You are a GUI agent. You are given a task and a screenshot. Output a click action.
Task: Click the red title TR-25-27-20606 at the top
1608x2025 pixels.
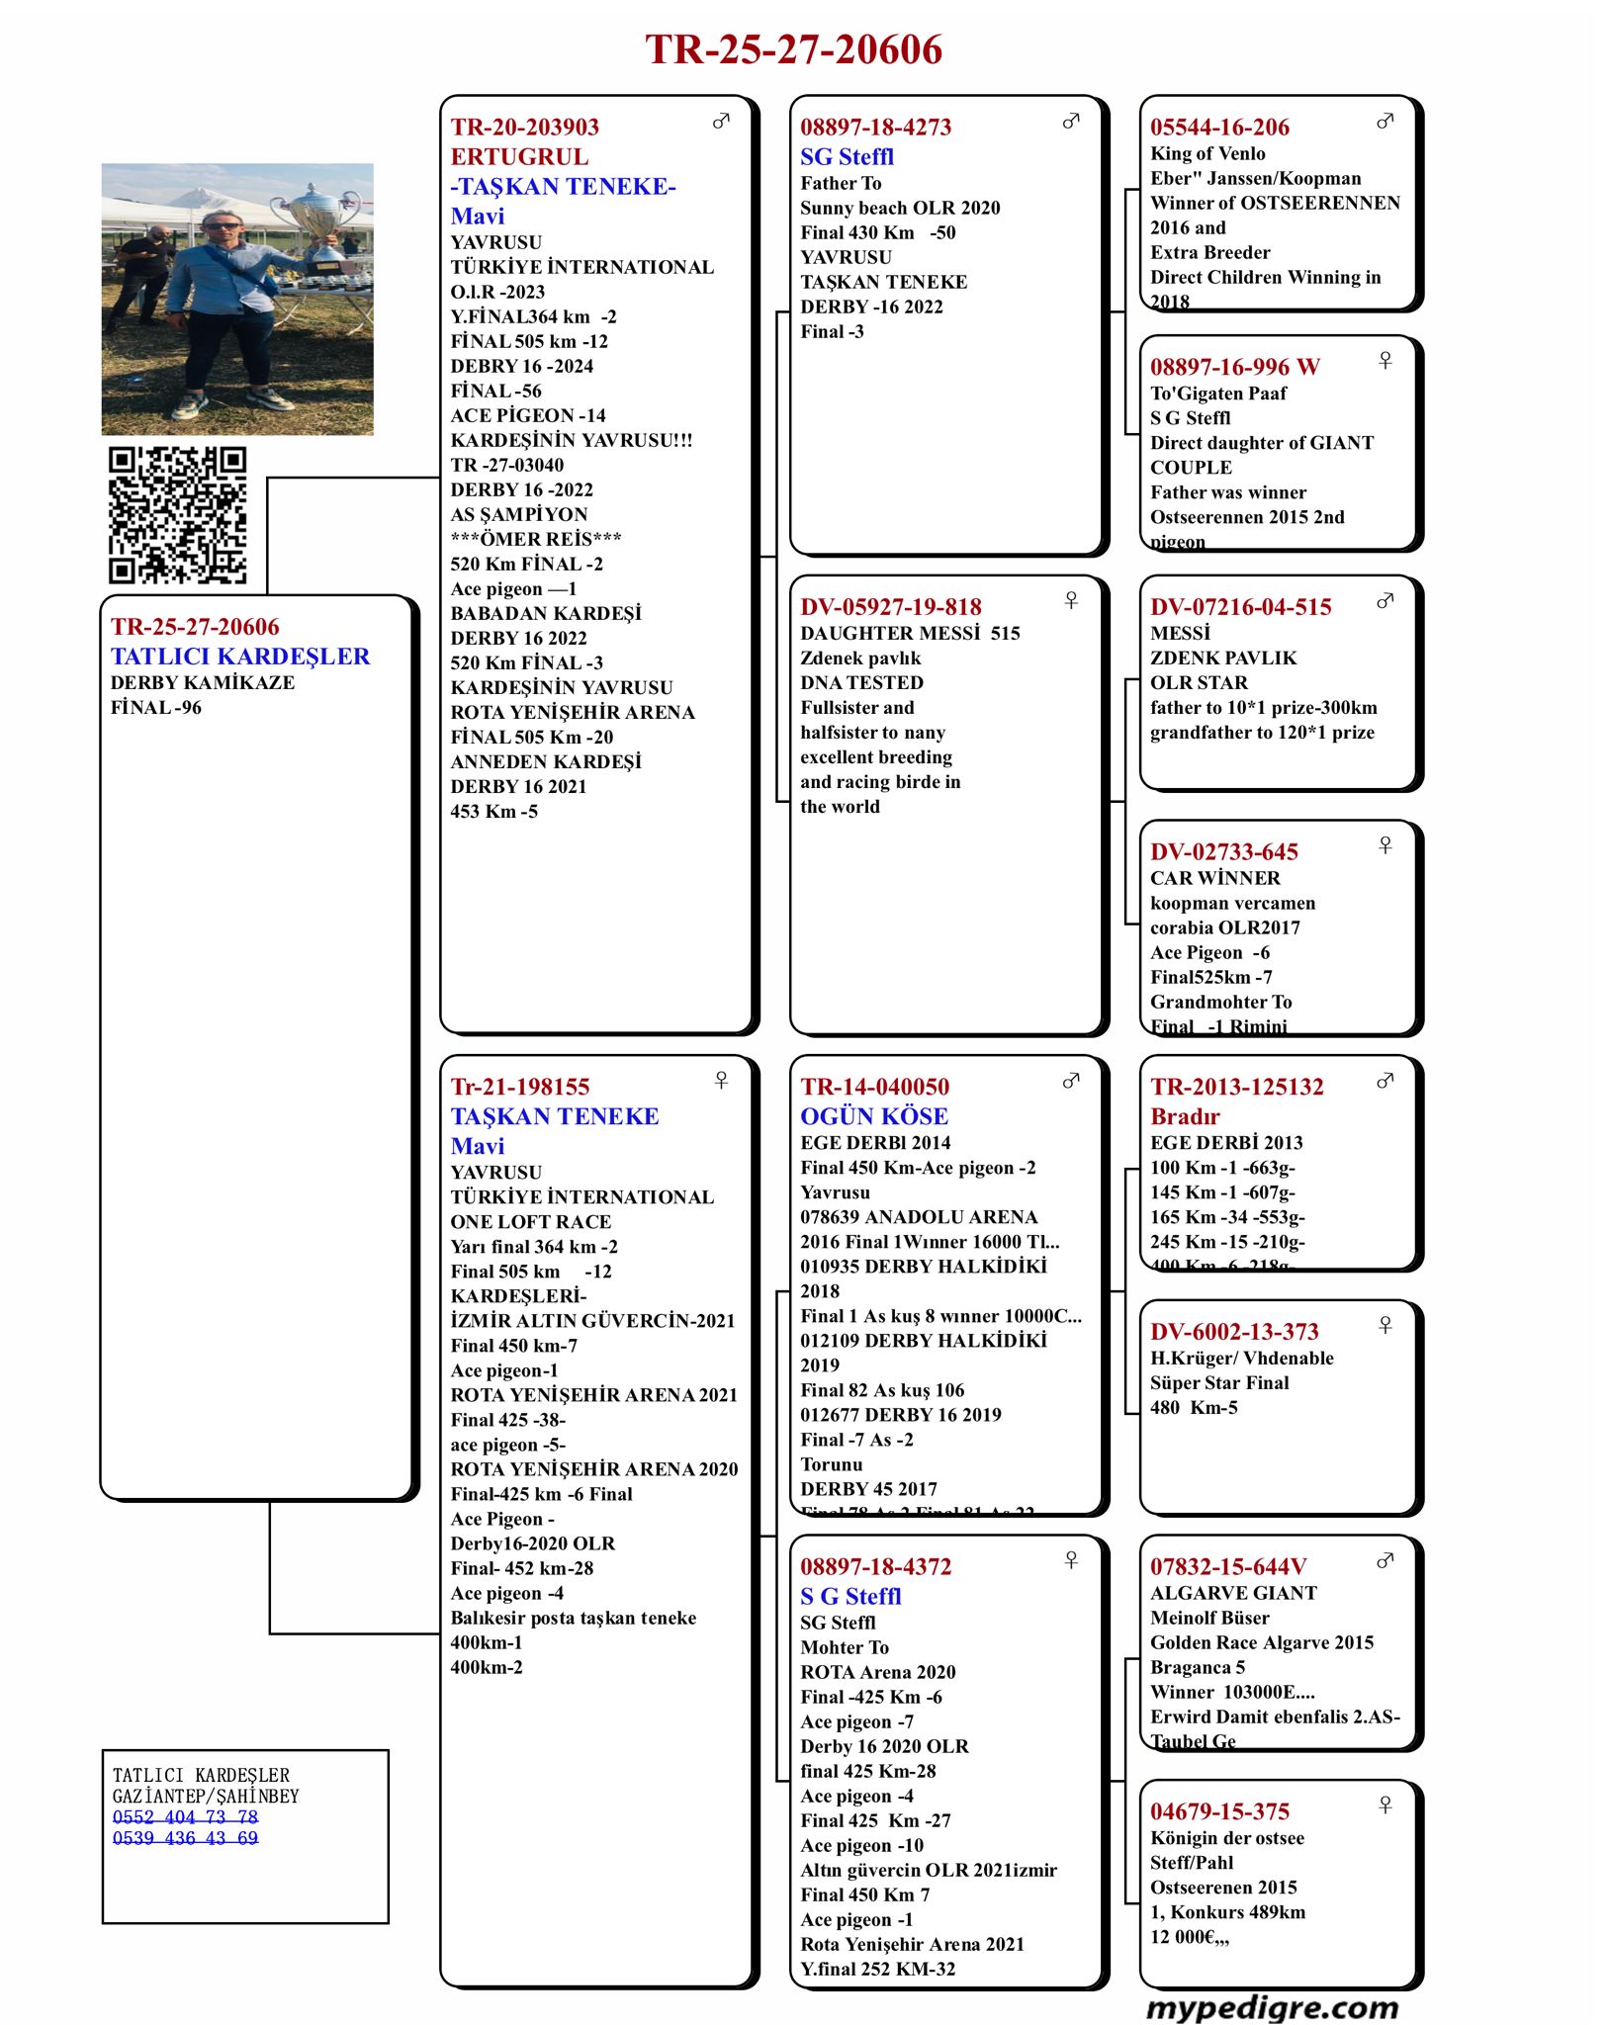793,49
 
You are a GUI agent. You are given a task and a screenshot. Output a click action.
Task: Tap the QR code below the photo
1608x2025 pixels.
177,515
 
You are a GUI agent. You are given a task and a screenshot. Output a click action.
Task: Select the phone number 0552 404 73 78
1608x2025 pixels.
185,1816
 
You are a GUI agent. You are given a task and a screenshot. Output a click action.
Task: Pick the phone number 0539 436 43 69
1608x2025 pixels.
185,1837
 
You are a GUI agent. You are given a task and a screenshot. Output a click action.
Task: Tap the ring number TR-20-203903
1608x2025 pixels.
524,127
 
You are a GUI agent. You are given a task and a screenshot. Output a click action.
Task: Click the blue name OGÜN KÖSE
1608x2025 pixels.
873,1116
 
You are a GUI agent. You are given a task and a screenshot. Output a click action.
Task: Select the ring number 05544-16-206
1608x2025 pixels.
1219,127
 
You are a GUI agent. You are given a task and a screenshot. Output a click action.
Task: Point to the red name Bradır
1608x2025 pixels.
1185,1116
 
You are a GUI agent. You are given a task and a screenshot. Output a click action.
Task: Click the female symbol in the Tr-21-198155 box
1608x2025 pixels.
721,1080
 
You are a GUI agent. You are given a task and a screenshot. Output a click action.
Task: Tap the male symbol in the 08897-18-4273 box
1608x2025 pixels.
1071,121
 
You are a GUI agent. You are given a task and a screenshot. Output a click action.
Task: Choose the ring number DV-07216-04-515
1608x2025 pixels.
1240,607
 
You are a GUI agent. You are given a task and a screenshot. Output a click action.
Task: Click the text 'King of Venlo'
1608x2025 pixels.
1207,153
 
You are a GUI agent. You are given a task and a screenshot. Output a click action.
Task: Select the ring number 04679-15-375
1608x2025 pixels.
1219,1811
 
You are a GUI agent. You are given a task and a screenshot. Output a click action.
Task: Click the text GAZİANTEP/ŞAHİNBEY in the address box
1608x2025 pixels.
206,1796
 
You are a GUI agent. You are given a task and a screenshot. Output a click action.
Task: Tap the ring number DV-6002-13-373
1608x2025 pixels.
1234,1332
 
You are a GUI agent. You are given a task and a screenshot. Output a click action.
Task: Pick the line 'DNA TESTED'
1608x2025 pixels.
861,682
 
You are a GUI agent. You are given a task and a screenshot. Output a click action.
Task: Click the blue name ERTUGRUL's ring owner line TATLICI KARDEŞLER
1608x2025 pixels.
240,657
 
